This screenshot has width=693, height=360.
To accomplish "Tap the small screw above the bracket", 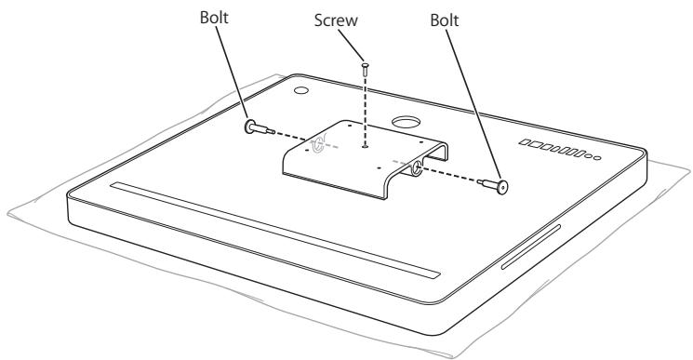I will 366,67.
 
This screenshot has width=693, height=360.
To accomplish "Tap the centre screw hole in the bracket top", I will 366,142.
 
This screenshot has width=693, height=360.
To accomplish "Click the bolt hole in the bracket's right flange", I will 415,167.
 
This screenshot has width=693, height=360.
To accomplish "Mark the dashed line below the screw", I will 366,107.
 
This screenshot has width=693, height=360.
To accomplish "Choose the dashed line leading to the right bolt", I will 456,176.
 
